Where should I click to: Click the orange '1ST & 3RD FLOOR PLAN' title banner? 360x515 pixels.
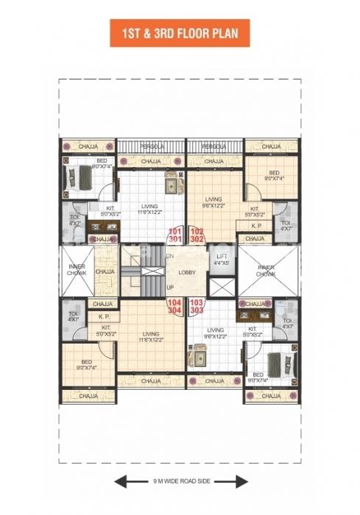click(180, 33)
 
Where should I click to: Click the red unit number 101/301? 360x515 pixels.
click(175, 235)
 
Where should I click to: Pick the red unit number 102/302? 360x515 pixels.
click(197, 235)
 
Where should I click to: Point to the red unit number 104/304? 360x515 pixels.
click(175, 306)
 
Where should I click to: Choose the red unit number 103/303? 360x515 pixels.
click(197, 306)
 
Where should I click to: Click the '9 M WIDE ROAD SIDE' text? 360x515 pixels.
click(180, 483)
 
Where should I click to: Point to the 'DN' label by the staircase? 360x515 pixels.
click(170, 255)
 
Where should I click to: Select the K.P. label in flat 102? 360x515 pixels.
click(257, 226)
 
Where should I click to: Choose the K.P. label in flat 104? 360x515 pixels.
click(104, 316)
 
